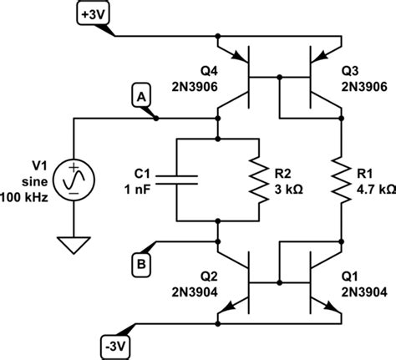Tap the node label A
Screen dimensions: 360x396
coord(140,99)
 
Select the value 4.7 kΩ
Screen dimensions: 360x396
coord(374,190)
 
